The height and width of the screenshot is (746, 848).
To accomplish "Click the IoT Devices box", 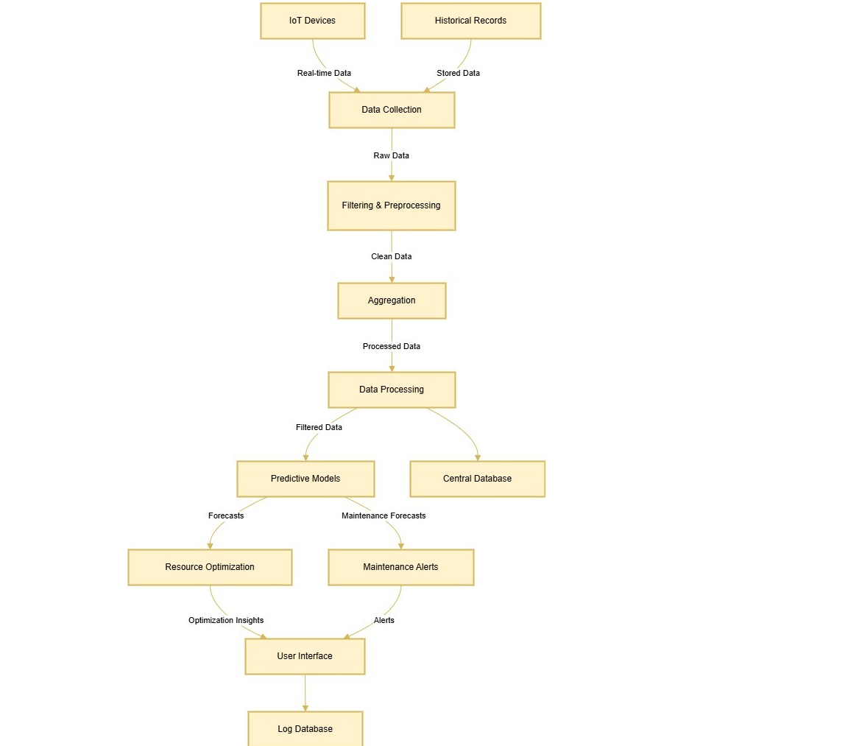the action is [x=313, y=21].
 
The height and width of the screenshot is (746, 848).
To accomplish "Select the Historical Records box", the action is [x=470, y=21].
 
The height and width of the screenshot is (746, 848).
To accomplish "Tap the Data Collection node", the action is [x=392, y=110].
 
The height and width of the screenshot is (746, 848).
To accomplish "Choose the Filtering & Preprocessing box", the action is [x=392, y=205].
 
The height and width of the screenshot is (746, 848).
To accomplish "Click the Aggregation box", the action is [x=392, y=300].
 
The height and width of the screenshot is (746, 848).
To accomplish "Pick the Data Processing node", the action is [x=392, y=390].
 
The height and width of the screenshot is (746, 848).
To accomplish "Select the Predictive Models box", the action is [x=305, y=479].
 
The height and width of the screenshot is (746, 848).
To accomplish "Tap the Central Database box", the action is [x=478, y=479].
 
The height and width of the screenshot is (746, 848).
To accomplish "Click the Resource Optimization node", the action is [x=210, y=567].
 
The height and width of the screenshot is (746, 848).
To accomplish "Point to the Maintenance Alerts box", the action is [x=400, y=567].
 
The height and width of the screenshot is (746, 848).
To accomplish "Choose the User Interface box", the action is [x=305, y=656].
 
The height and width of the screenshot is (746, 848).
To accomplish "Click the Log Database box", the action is [x=305, y=728].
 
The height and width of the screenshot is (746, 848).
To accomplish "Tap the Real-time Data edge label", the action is [x=324, y=73].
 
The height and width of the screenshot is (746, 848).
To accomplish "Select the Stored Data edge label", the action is [x=458, y=73].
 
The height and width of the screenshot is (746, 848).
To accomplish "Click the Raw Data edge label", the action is [x=391, y=155].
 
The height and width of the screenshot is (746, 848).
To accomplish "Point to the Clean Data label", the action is [x=391, y=256].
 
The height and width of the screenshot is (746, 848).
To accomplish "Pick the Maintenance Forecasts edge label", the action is [x=384, y=515].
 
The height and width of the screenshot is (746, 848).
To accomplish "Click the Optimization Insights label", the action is [x=226, y=620].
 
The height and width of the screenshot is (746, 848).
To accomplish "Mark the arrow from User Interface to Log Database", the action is [x=305, y=693].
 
